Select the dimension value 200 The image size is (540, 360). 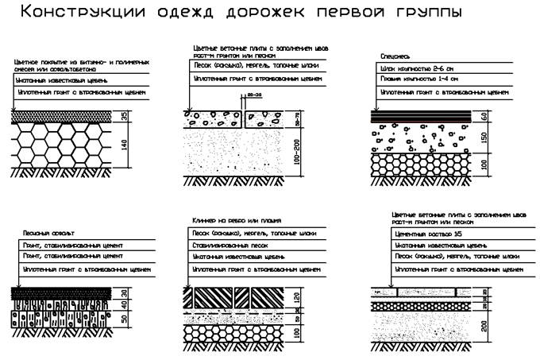coord(485,327)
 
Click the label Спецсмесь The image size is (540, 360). coord(397,56)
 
